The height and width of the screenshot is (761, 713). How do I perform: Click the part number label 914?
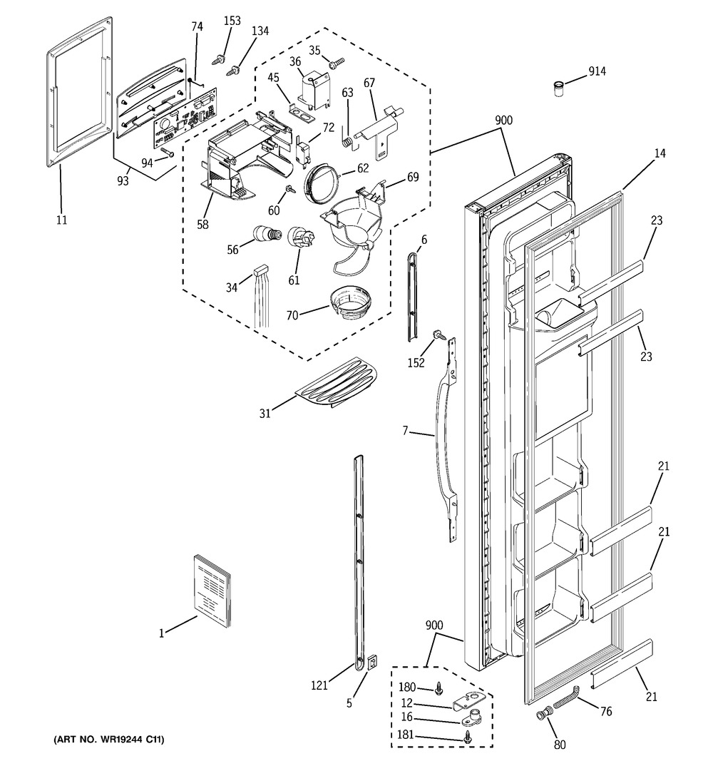pos(597,71)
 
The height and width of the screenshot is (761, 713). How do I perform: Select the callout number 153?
pos(232,21)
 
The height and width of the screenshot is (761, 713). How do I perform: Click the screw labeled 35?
pos(337,63)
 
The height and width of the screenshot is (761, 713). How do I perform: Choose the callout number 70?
pos(292,315)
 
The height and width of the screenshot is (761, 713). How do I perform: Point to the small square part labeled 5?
pos(371,662)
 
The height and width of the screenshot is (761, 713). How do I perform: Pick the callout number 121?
pos(319,686)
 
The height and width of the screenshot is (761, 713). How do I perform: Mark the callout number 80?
pos(560,744)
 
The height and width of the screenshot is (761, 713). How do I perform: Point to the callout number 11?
pos(61,220)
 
